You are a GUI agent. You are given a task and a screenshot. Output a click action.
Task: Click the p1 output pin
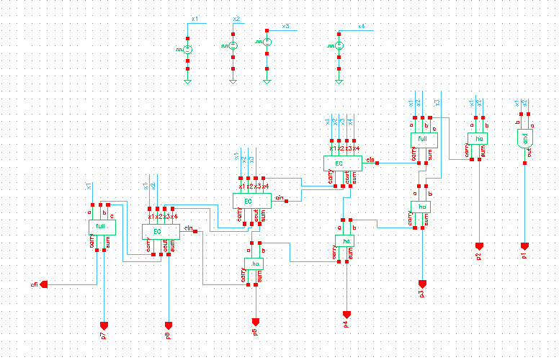click(524, 246)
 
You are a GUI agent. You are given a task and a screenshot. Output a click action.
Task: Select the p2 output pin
click(479, 246)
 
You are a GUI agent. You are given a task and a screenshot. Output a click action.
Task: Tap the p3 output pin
click(422, 284)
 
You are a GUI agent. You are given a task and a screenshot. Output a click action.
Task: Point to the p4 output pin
click(346, 315)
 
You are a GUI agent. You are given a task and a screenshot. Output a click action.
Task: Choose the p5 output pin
click(256, 321)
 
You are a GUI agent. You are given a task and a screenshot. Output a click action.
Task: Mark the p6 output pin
click(169, 325)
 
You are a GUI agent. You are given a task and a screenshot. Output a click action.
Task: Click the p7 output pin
click(104, 325)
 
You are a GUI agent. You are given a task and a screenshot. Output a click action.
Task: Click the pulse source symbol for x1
click(187, 49)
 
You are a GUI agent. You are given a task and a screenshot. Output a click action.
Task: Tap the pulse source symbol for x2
click(233, 46)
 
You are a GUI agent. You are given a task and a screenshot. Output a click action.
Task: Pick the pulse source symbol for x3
click(267, 42)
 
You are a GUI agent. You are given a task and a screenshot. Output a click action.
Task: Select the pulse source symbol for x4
click(339, 46)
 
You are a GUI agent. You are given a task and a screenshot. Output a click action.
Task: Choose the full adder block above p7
click(100, 228)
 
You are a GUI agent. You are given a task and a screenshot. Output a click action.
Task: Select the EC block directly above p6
click(160, 231)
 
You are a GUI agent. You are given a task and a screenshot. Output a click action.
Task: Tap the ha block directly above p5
click(254, 264)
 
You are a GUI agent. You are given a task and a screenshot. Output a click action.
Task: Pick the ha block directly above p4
click(344, 240)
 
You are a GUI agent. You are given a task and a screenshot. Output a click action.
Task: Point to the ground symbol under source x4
click(339, 81)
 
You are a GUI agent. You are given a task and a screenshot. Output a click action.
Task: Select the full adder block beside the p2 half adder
click(423, 138)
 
